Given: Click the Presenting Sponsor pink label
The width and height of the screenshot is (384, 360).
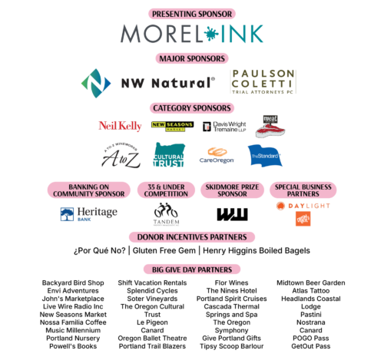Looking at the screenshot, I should tap(192, 14).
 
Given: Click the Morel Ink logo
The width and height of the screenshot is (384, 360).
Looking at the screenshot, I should tap(192, 34).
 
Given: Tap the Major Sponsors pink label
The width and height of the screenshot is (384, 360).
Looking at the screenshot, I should tap(192, 58).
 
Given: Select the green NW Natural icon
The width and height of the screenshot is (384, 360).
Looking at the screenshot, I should tap(95, 82).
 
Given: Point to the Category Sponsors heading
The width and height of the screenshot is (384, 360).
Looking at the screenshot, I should tap(192, 108).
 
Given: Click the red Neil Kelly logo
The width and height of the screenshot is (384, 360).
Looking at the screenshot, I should tap(120, 126).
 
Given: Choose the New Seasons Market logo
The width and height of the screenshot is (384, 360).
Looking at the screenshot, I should tap(172, 126).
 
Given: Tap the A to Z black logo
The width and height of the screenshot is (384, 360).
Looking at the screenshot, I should tap(121, 154).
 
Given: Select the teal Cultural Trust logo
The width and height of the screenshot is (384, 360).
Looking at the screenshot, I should tap(169, 154).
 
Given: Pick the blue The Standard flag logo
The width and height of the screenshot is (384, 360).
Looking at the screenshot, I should tap(265, 155).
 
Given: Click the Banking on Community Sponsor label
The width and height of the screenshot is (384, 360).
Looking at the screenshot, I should tap(89, 190).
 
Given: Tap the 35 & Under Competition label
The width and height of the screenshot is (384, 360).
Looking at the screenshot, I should tap(166, 190).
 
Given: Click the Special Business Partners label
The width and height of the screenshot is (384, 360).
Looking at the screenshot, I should tap(303, 190).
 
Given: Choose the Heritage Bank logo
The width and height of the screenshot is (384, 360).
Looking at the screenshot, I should tap(89, 213).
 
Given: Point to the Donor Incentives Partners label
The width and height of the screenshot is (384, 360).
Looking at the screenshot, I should tap(192, 237).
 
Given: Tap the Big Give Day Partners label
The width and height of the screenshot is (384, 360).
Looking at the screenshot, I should tap(192, 269).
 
